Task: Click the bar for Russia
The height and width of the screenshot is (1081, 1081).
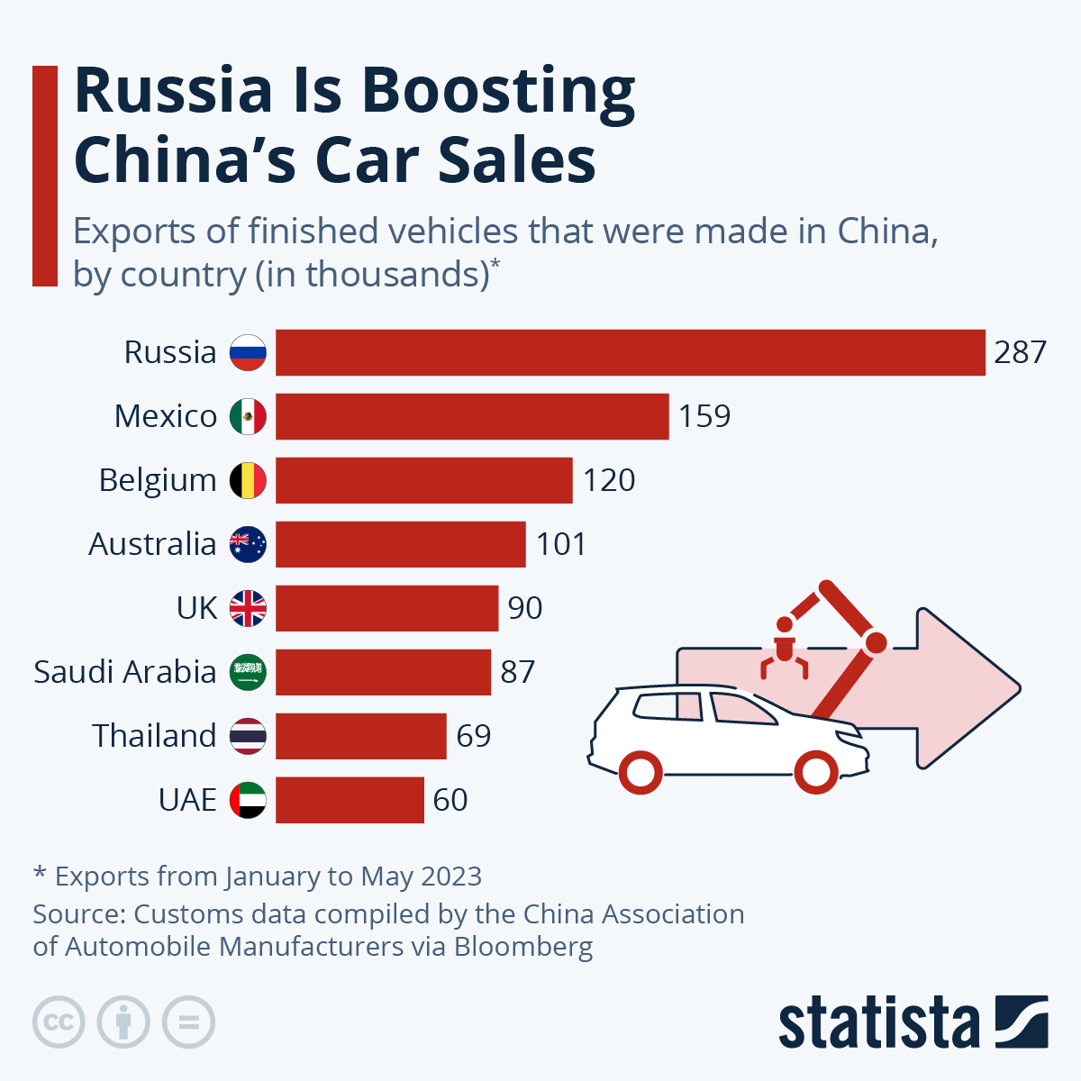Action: (x=630, y=352)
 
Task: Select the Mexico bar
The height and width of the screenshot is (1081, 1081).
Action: (x=472, y=416)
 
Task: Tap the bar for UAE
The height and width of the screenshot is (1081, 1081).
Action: (x=350, y=800)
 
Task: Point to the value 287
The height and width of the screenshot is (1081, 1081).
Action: (x=1020, y=352)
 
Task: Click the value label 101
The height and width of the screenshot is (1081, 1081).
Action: (x=561, y=544)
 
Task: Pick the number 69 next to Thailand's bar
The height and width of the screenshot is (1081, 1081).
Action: (x=474, y=736)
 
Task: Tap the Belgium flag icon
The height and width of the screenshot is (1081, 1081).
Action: (x=248, y=480)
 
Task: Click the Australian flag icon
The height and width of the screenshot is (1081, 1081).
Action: (x=248, y=544)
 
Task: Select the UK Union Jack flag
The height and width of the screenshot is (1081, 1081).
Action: (x=248, y=608)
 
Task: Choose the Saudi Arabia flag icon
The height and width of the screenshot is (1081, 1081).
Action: (x=248, y=672)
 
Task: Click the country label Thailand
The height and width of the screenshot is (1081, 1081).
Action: (x=154, y=736)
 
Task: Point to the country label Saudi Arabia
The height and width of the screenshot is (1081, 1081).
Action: (x=125, y=672)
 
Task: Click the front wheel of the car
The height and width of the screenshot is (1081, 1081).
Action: (x=815, y=771)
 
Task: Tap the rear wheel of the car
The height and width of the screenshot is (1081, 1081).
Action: (x=641, y=771)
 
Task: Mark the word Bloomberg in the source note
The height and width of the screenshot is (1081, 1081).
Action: (x=523, y=947)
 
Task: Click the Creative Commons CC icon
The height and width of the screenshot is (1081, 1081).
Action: (x=59, y=1022)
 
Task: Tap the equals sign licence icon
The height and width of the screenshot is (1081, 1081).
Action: (x=189, y=1022)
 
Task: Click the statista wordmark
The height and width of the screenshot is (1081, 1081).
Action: (x=878, y=1023)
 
